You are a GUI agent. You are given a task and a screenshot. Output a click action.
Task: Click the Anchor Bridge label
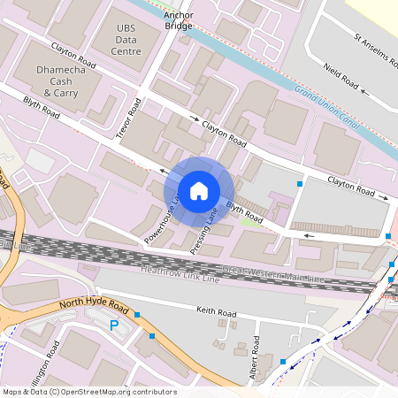click(x=178, y=19)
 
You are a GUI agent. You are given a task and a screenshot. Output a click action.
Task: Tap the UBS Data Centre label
click(x=128, y=40)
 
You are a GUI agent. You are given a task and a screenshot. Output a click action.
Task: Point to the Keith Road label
click(x=217, y=314)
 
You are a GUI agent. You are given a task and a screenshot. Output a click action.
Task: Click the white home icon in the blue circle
click(x=199, y=190)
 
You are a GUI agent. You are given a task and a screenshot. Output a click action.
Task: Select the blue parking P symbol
click(x=113, y=326)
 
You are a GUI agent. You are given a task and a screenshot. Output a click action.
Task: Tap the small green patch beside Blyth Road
click(x=252, y=221)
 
